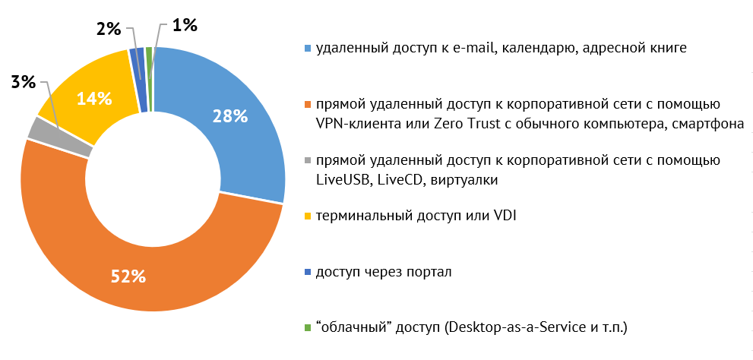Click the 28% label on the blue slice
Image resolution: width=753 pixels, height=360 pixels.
click(x=230, y=116)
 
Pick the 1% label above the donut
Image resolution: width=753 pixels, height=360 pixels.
click(x=185, y=25)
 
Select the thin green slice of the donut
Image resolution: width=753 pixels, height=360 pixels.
click(x=150, y=79)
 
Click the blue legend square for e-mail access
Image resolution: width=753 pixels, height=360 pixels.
click(x=307, y=49)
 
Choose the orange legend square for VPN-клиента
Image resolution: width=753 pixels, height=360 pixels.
click(x=307, y=104)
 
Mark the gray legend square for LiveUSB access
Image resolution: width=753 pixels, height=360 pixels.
click(x=307, y=161)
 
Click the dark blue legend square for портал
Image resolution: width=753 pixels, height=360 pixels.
click(x=307, y=272)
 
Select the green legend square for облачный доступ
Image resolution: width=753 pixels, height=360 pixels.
click(x=307, y=328)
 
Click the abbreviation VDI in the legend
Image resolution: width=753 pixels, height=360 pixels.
click(x=503, y=217)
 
